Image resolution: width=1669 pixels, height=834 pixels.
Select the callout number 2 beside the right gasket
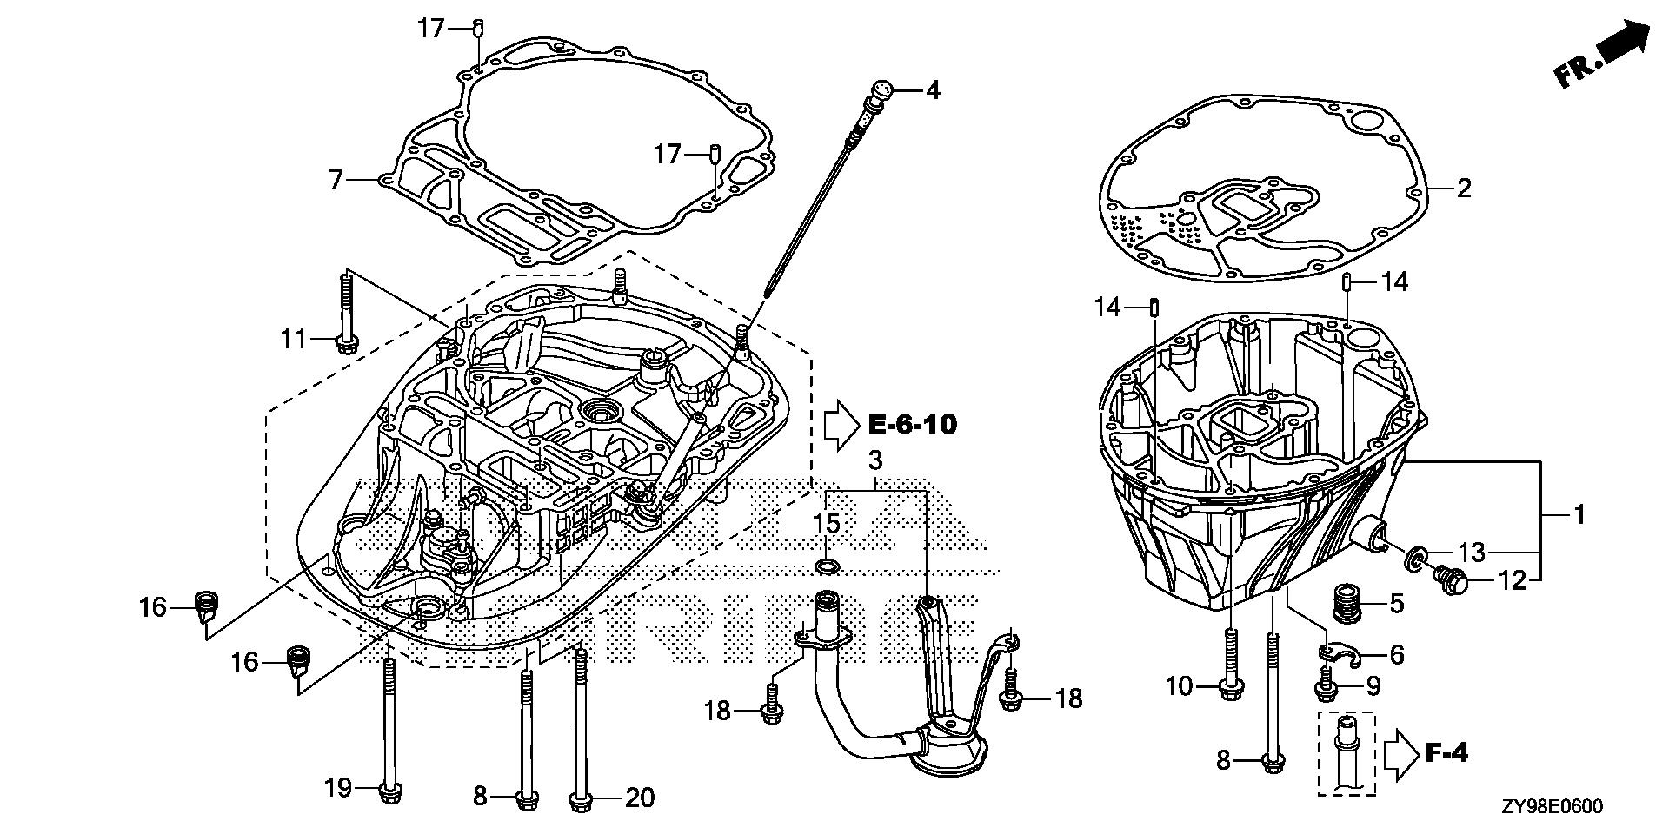[1464, 188]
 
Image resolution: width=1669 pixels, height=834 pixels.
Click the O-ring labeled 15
[827, 568]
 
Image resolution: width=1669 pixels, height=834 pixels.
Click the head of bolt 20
[580, 798]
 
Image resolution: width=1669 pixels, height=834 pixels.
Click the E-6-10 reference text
[913, 425]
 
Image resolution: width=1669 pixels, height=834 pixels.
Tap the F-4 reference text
[1447, 752]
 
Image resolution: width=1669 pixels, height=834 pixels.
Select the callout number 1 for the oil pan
[1579, 514]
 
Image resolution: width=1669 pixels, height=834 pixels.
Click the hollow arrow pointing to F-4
[1400, 752]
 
